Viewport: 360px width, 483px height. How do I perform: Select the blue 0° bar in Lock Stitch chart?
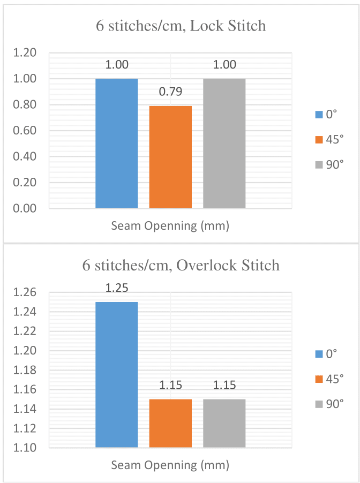[x=116, y=143]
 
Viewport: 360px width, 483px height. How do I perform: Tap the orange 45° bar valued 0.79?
[x=170, y=157]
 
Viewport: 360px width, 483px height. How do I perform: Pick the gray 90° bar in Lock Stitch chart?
[x=224, y=143]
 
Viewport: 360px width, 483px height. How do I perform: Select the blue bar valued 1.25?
[x=116, y=374]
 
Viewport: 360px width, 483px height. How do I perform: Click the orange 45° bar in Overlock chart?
[x=170, y=423]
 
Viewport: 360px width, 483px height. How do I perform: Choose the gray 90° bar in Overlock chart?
[x=224, y=423]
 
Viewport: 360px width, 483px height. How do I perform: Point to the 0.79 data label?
[x=170, y=92]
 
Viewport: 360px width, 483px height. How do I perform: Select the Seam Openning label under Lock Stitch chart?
[x=170, y=226]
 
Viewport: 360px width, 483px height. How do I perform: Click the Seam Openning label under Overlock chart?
[x=170, y=465]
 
